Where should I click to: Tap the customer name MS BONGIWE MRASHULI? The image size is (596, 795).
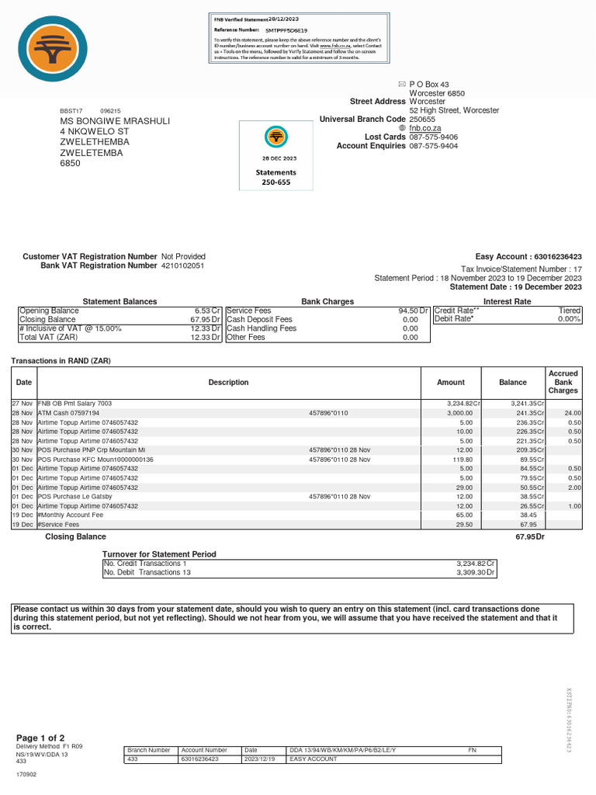(115, 121)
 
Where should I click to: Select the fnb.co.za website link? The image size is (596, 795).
(425, 127)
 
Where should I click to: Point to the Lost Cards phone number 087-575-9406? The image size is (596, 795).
(433, 137)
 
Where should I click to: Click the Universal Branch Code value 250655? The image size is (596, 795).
(424, 119)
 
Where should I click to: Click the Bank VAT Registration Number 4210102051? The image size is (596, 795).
(183, 266)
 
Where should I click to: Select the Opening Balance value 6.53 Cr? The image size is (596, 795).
(208, 311)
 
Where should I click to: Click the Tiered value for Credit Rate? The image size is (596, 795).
(570, 311)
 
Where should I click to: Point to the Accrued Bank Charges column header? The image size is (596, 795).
(563, 382)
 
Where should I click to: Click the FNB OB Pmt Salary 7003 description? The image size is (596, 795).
(74, 404)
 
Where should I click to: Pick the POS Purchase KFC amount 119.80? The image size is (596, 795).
(459, 460)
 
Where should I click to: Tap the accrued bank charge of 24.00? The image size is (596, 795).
(572, 413)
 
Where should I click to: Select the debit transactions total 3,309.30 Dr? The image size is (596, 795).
(476, 572)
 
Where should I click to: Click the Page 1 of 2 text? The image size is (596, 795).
(40, 738)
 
